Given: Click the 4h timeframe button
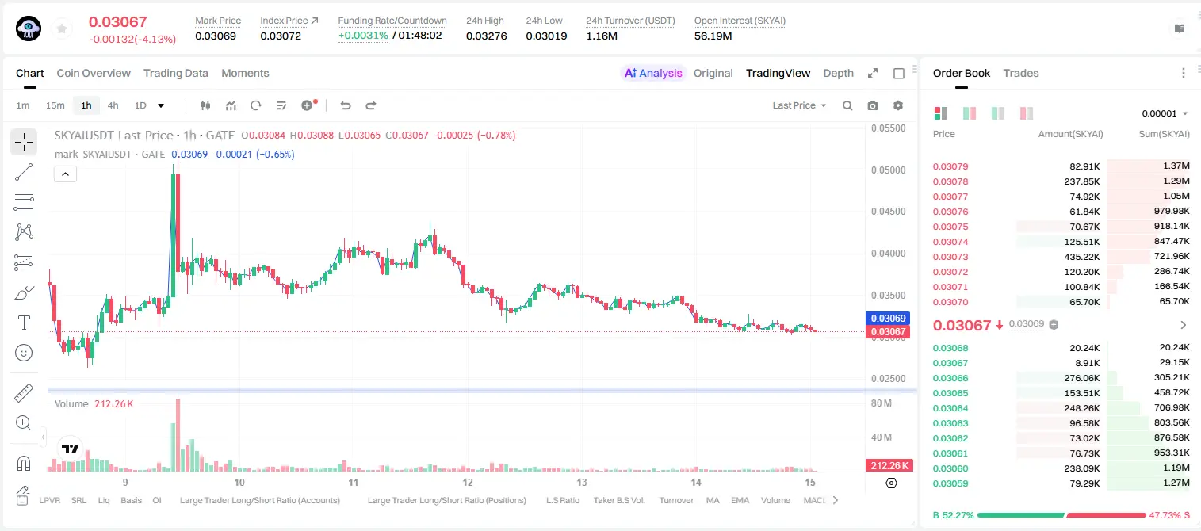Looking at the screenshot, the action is pos(113,105).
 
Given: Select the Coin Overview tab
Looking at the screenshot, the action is pos(94,73).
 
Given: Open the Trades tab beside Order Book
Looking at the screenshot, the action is pos(1020,73).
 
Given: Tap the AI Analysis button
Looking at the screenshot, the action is pos(653,73).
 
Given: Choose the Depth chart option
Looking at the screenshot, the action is pos(838,73).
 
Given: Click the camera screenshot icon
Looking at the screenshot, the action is pos(873,105).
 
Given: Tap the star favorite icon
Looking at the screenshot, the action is pos(62,29).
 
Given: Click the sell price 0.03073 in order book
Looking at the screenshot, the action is pos(950,257).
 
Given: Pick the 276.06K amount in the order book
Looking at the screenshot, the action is pos(1081,378).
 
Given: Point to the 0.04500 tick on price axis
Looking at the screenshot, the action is pos(889,212).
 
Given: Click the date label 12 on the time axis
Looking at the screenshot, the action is pos(468,482).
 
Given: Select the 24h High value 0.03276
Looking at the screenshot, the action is pos(486,36).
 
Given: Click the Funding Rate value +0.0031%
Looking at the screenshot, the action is pos(363,36).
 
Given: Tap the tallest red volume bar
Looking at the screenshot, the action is pos(178,435).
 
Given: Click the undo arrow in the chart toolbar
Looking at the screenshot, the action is pos(346,105).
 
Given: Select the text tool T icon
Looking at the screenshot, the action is pos(24,323).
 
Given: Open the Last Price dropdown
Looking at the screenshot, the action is pos(799,105).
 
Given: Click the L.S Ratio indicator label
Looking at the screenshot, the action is pos(562,500).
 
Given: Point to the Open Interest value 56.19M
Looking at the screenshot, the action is pos(713,36).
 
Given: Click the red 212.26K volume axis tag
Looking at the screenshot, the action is pos(889,466).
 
